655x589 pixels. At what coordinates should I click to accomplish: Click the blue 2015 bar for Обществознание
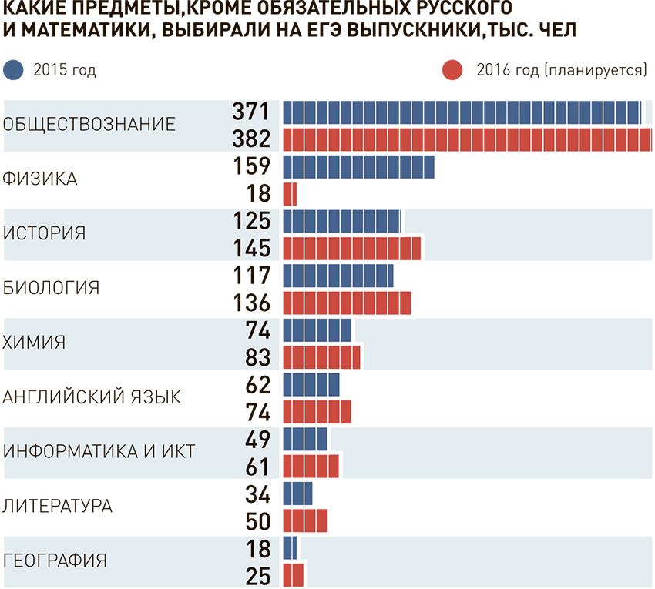coord(462,112)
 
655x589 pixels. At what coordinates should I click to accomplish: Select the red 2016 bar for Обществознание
coord(467,139)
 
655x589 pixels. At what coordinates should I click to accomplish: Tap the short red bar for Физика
coord(290,194)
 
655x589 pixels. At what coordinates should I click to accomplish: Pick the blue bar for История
coord(342,222)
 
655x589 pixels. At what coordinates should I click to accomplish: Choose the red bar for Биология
coord(347,303)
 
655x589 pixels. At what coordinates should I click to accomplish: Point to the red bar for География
coord(293,574)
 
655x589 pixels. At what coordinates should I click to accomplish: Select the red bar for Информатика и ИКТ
coord(311,466)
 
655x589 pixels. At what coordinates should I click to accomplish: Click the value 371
coord(251,112)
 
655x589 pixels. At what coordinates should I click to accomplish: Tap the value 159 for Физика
coord(251,166)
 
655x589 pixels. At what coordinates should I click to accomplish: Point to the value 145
coord(251,249)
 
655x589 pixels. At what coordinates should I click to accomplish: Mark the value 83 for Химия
coord(257,357)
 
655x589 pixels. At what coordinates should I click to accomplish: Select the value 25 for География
coord(257,574)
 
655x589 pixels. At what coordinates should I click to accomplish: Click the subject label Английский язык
coord(92,397)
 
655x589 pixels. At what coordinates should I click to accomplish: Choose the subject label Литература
coord(59,507)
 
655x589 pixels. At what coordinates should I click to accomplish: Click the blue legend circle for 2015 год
coord(15,71)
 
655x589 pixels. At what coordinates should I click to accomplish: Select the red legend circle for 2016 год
coord(452,71)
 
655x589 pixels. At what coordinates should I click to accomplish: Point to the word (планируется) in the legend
coord(595,71)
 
